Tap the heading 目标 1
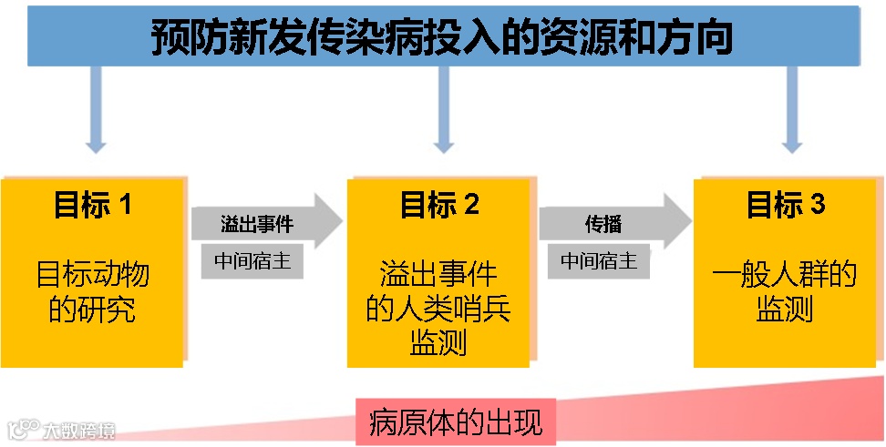[93, 205]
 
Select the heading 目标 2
[439, 205]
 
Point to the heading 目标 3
[786, 205]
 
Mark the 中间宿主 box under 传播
[599, 261]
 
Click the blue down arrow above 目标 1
[96, 114]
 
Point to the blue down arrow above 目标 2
[443, 114]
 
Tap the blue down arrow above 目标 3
[792, 114]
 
